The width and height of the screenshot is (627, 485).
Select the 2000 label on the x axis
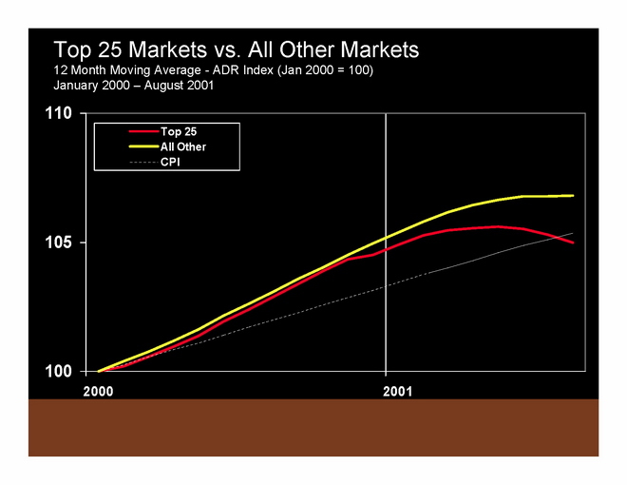[97, 390]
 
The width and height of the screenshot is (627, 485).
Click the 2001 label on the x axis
[386, 390]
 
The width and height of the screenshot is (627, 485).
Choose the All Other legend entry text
[183, 147]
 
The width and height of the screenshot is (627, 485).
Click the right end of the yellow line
[573, 196]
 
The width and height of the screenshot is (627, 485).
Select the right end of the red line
[573, 242]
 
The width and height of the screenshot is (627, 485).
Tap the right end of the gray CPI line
[573, 233]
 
